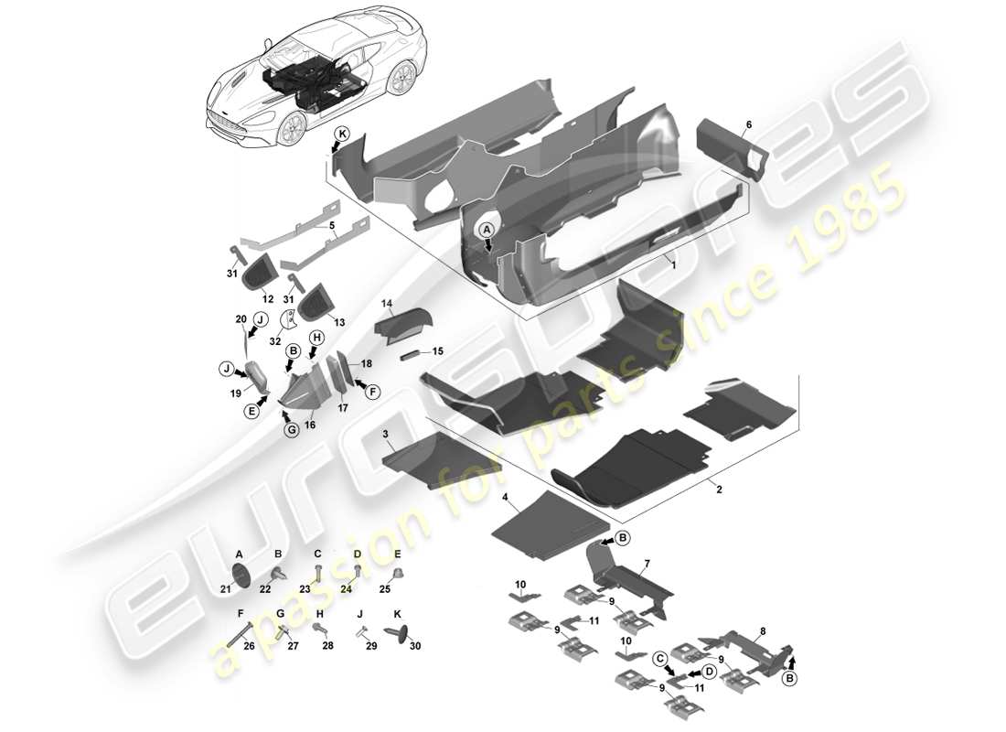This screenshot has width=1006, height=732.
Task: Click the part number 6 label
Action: [748, 124]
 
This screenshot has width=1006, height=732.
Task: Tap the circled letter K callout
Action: [341, 133]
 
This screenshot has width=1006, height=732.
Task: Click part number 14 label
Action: [387, 303]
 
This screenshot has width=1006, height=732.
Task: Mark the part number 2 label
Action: [719, 490]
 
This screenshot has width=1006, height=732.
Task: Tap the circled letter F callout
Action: [372, 391]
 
